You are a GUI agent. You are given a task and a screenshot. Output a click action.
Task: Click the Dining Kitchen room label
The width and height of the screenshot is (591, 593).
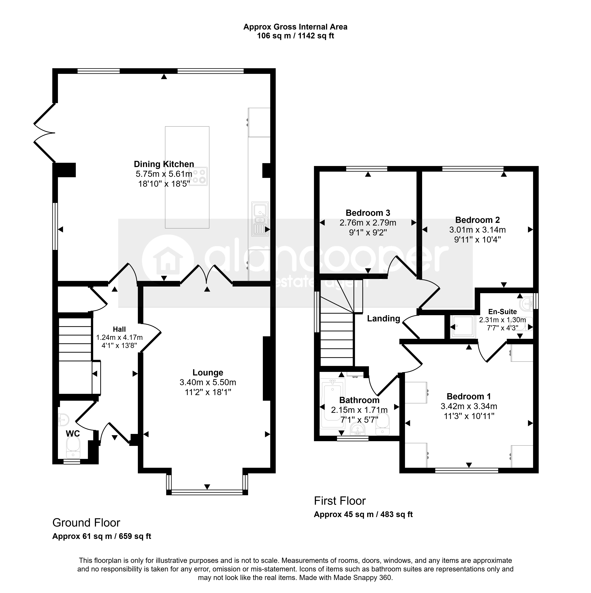tap(164, 164)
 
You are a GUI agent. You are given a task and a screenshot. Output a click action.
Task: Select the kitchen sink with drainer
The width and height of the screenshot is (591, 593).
tap(260, 219)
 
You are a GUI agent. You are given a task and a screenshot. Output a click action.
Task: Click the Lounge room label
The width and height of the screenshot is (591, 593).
tap(208, 373)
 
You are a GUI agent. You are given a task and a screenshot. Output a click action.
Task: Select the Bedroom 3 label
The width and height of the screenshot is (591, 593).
tap(368, 213)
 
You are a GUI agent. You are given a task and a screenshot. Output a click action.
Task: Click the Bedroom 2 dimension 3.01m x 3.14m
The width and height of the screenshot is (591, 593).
tap(477, 230)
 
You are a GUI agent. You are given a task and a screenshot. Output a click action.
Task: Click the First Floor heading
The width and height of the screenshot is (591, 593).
tap(340, 501)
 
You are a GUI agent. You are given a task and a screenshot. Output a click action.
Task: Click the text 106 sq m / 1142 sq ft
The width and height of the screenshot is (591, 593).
tap(295, 36)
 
